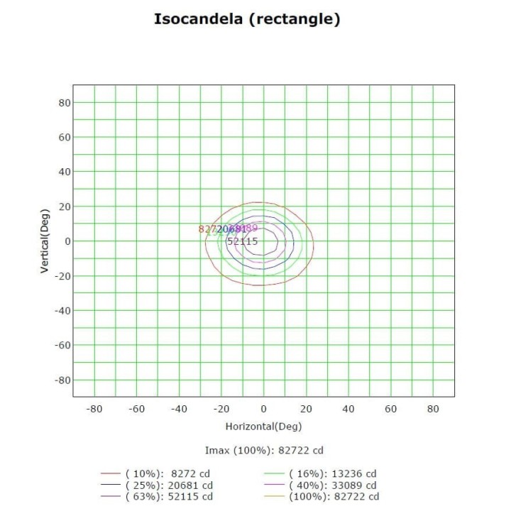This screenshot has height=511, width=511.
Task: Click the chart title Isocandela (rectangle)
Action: pos(247,19)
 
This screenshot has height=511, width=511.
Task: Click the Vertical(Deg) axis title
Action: pos(44,241)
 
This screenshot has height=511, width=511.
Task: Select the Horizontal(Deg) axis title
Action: pos(263,427)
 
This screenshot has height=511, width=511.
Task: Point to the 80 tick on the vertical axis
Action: pos(64,102)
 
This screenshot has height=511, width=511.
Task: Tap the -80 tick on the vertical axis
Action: pos(62,380)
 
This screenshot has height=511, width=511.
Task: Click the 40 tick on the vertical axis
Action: pos(64,172)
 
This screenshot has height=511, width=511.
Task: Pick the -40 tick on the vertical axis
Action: pos(62,310)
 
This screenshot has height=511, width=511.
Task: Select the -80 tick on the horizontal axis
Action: pos(94,409)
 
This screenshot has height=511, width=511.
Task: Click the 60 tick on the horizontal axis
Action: pos(390,409)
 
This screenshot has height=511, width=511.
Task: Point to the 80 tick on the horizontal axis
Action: pos(433,409)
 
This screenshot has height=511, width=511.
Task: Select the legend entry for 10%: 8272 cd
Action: pos(167,473)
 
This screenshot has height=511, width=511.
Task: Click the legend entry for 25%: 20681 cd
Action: pos(167,485)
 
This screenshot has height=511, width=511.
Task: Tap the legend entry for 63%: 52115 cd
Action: pos(167,496)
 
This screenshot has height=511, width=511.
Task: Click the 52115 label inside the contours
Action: pos(242,241)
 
